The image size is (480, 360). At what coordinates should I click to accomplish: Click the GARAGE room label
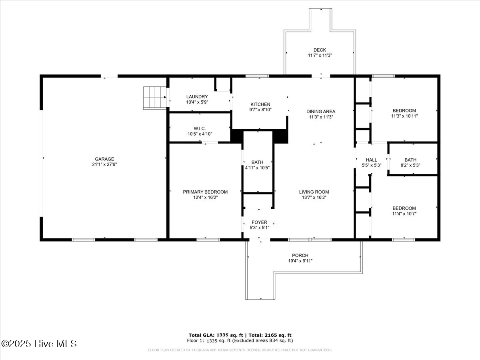tap(104, 159)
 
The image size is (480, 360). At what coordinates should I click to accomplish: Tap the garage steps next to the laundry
tap(155, 98)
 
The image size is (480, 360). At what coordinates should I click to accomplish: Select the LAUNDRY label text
tap(197, 97)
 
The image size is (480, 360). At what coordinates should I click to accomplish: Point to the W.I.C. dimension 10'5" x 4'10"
tap(200, 134)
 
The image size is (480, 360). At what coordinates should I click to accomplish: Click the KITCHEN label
tap(260, 104)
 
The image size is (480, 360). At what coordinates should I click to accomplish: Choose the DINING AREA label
tap(320, 112)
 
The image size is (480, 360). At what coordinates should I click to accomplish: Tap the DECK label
tap(320, 50)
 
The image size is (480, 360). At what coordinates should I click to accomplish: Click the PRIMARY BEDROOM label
tap(205, 192)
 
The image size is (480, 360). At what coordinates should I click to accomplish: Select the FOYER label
tap(259, 222)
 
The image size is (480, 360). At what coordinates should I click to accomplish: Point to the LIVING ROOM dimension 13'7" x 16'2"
tap(314, 197)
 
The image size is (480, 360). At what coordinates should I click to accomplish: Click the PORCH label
tap(300, 255)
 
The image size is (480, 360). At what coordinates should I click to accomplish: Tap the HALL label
tap(371, 160)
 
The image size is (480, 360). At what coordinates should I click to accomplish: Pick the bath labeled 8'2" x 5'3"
tap(410, 163)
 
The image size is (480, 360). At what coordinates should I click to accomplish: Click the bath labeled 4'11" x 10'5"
tap(257, 165)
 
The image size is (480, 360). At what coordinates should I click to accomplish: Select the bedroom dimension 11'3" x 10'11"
tap(404, 116)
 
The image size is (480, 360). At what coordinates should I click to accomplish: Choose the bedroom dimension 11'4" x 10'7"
tap(404, 214)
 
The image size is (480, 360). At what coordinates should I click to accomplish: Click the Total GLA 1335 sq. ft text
tap(216, 335)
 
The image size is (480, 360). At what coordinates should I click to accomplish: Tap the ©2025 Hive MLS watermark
tap(39, 344)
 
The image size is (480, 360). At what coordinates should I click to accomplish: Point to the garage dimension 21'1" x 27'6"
tap(104, 164)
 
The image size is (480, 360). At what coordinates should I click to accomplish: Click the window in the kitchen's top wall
tap(257, 76)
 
